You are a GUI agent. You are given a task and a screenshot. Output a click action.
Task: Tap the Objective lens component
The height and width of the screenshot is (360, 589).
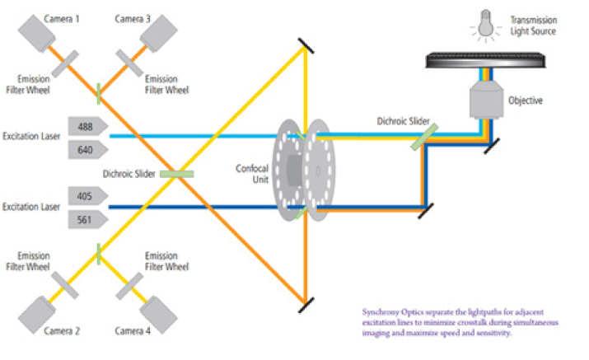[x=485, y=100]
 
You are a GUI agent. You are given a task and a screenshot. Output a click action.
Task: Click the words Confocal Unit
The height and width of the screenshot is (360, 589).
[x=249, y=175]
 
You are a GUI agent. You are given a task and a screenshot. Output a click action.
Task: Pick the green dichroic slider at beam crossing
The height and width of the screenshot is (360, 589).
[x=175, y=174]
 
